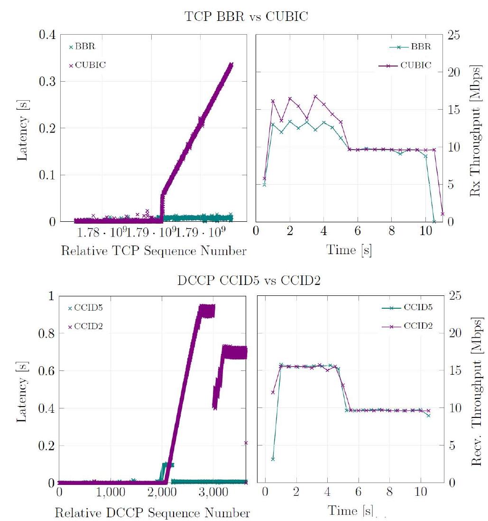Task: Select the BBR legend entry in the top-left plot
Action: coord(84,47)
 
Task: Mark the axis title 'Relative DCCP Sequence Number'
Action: coord(152,513)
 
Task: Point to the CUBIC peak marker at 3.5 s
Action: coord(315,96)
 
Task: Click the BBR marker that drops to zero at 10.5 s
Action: coord(434,221)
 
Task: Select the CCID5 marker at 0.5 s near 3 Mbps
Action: coord(273,459)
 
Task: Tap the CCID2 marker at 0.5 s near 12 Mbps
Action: coord(273,392)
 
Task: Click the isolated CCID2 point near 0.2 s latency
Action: coord(246,443)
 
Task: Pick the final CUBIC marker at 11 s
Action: coord(442,214)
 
